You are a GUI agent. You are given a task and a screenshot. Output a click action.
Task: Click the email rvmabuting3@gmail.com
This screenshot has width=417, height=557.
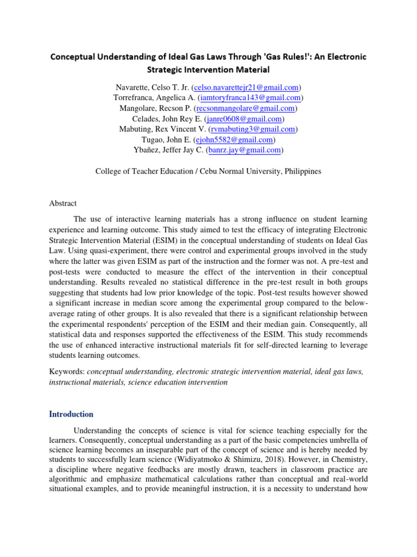pyautogui.click(x=253, y=129)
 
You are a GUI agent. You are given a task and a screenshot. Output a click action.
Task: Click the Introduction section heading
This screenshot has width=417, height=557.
pyautogui.click(x=71, y=414)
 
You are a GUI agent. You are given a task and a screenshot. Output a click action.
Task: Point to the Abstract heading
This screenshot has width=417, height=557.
pyautogui.click(x=63, y=203)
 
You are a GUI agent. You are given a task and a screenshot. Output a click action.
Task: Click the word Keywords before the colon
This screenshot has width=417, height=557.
pyautogui.click(x=66, y=372)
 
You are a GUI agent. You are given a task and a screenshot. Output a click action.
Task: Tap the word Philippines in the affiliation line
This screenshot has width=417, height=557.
pyautogui.click(x=302, y=171)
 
